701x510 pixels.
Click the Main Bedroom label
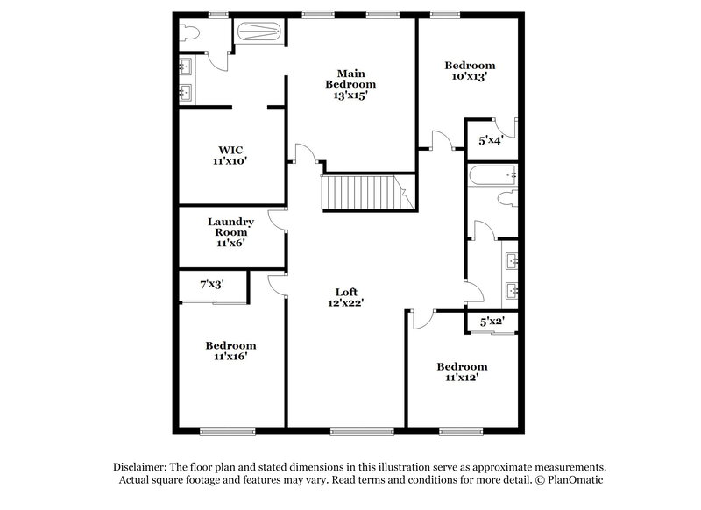pyautogui.click(x=350, y=84)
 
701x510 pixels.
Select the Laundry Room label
pyautogui.click(x=230, y=232)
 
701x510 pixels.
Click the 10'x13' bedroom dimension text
pyautogui.click(x=469, y=77)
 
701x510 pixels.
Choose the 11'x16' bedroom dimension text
pyautogui.click(x=230, y=358)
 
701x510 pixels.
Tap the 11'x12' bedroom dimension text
pyautogui.click(x=462, y=379)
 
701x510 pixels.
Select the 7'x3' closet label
pyautogui.click(x=213, y=285)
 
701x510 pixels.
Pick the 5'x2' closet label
pyautogui.click(x=492, y=322)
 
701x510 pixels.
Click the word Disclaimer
pyautogui.click(x=144, y=467)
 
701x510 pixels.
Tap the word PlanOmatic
pyautogui.click(x=577, y=481)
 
